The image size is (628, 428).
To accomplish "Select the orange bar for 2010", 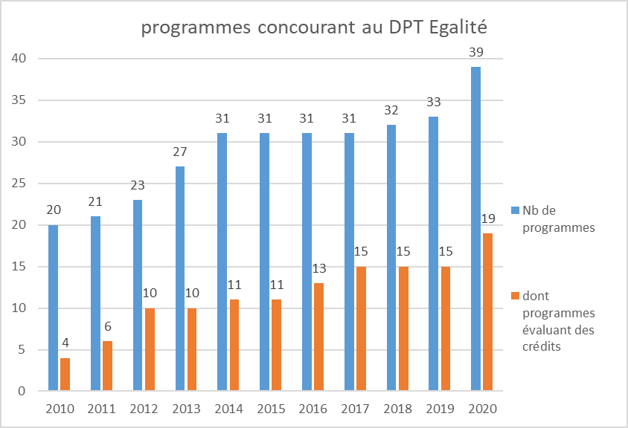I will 65,374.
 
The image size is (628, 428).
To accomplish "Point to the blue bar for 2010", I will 52,308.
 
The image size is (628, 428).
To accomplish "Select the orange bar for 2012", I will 150,349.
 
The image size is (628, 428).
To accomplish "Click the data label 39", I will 475,52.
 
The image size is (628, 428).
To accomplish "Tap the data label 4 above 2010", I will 65,344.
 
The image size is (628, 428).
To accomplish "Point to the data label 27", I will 179,152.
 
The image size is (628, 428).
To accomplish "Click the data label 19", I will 488,219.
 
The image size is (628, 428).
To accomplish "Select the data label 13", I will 318,269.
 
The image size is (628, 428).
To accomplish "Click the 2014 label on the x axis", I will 228,409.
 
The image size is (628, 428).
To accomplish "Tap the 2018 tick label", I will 397,409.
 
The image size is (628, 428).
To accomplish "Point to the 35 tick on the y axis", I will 22,100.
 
